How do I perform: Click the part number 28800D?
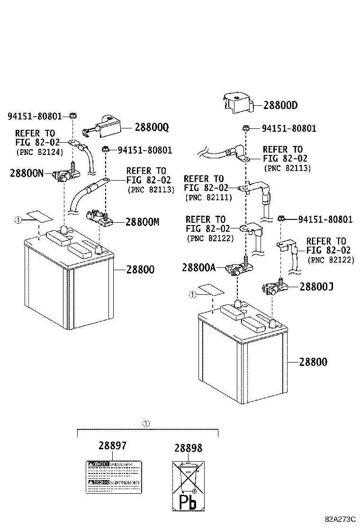(280, 105)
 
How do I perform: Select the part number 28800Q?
(152, 127)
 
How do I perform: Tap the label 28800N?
(27, 173)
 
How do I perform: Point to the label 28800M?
(143, 222)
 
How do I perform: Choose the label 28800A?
(198, 268)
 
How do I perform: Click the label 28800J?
(316, 286)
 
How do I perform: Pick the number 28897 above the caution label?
(113, 445)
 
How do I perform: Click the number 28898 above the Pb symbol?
(188, 448)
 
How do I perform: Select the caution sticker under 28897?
(114, 476)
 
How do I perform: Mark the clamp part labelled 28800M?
(99, 218)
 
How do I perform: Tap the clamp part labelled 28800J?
(273, 287)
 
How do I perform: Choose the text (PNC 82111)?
(209, 198)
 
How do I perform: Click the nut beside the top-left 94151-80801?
(72, 116)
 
